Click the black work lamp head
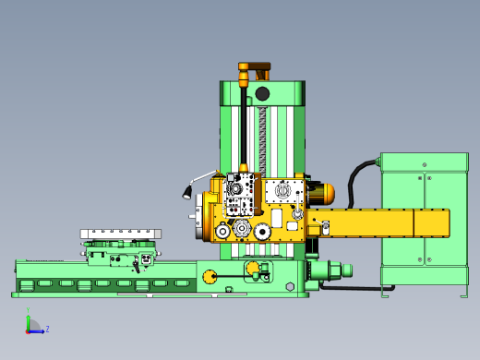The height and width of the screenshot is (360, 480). pos(186,192)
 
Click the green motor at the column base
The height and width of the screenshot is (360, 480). pos(329,270)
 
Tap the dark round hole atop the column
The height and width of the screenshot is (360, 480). pos(262,93)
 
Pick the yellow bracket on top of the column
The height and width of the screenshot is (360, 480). pos(254,69)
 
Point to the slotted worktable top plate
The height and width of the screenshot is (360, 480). pos(121,234)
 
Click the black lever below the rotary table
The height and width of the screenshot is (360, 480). pos(136,266)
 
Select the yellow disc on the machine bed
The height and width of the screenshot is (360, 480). pos(210,275)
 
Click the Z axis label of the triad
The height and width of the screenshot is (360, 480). pos(47,329)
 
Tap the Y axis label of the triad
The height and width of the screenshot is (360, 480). pos(28,311)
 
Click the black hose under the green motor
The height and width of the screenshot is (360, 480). pos(355,288)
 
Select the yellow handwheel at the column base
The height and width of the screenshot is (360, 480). pos(253,270)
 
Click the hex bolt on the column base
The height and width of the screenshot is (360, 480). pos(290,287)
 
